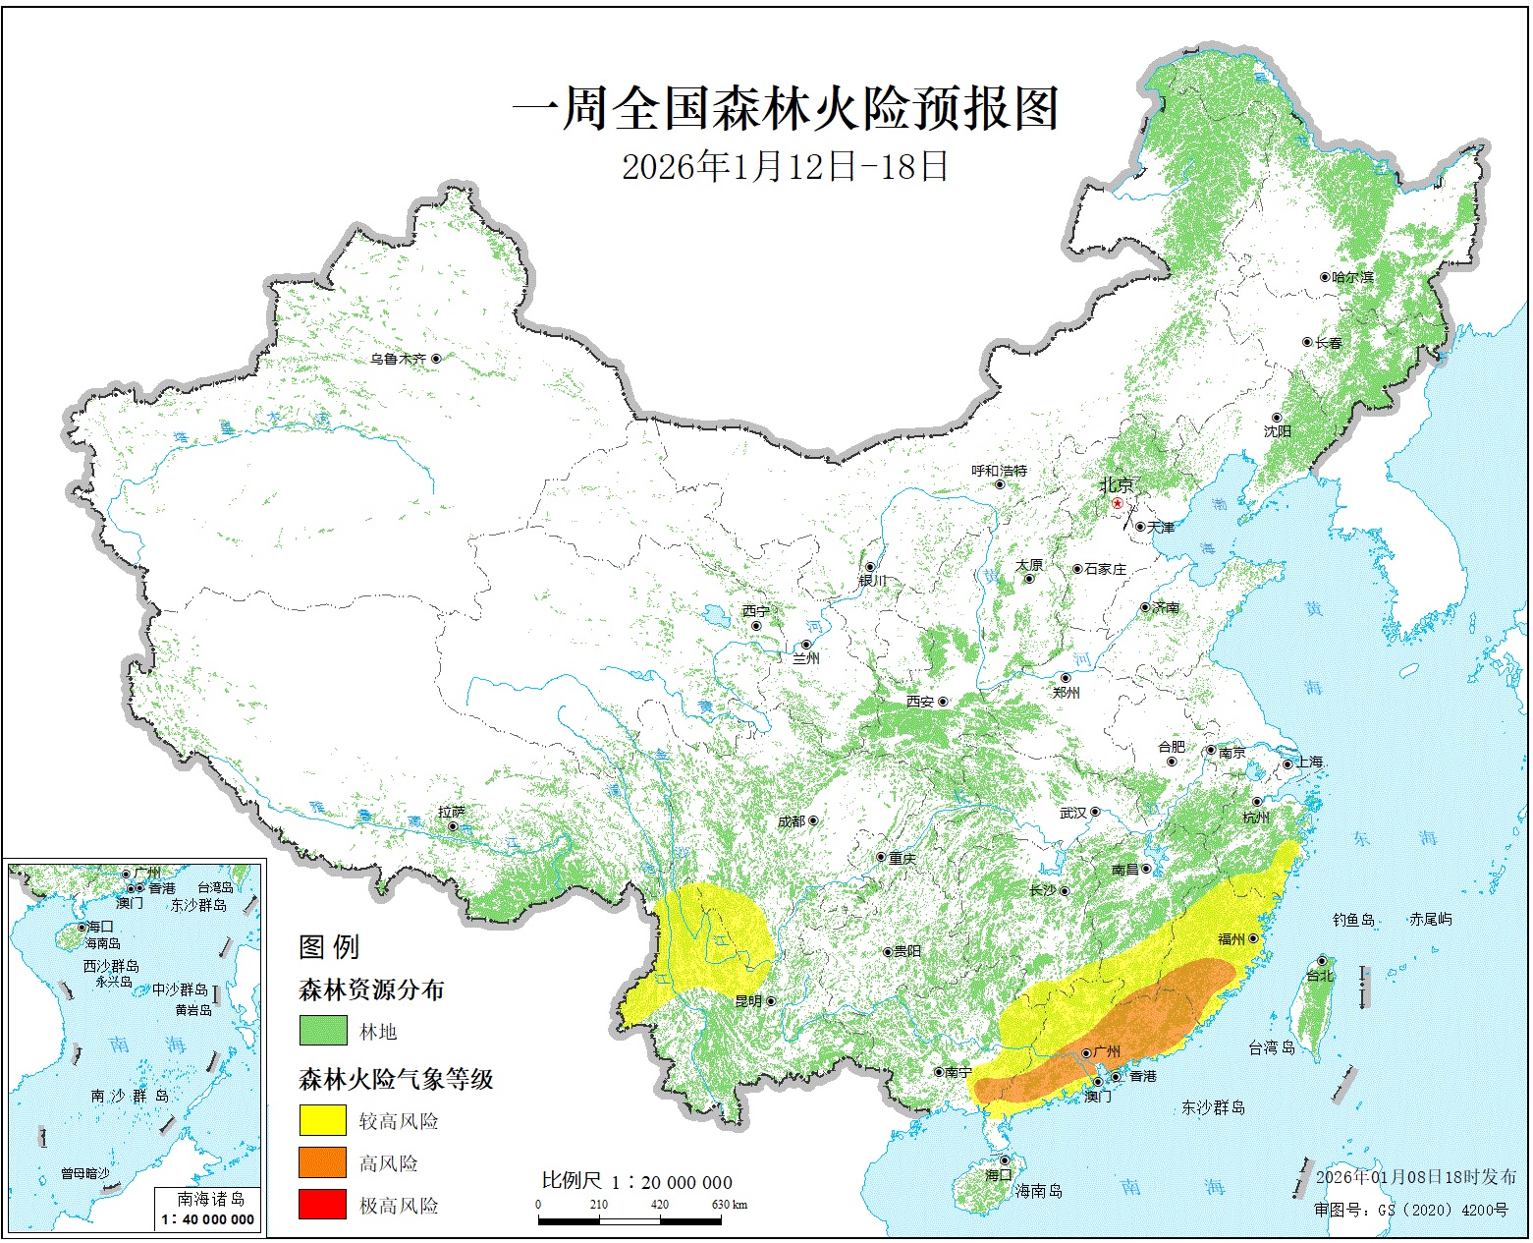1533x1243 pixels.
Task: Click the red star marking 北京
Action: click(1117, 503)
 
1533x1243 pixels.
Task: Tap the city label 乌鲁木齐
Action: click(398, 359)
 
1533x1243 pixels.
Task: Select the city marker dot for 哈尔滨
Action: click(1324, 278)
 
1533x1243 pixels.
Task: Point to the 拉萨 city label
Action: click(452, 812)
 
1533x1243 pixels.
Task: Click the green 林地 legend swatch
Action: click(322, 1031)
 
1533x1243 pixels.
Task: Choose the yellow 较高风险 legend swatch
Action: click(322, 1120)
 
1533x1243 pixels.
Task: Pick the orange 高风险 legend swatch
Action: click(322, 1162)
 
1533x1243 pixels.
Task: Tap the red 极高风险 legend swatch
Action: click(322, 1205)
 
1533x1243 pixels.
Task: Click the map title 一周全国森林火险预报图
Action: click(786, 107)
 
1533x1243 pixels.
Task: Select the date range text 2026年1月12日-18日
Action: click(786, 166)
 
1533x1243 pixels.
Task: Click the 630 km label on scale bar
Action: click(729, 1205)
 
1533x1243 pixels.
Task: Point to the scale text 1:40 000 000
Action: click(207, 1219)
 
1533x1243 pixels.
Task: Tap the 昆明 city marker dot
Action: click(771, 1001)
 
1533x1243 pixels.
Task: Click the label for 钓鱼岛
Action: click(1353, 921)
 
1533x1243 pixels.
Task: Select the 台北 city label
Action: click(1320, 976)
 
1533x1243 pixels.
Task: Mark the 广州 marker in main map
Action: click(1085, 1053)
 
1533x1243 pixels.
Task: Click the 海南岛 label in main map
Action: click(1039, 1192)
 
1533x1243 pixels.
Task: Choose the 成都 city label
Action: click(791, 821)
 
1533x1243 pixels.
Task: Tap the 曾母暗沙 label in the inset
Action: click(85, 1173)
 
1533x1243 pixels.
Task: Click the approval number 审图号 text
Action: click(1410, 1210)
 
